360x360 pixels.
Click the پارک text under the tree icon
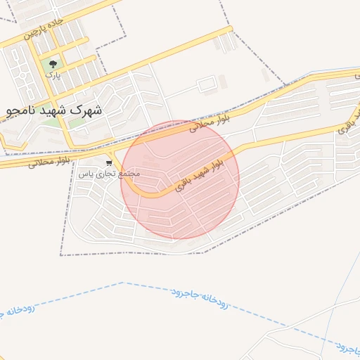(52, 74)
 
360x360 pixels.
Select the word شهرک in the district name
(87, 110)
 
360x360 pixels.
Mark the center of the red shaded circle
(180, 179)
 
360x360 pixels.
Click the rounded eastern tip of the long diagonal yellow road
(229, 30)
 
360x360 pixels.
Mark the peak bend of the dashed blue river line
(124, 283)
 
